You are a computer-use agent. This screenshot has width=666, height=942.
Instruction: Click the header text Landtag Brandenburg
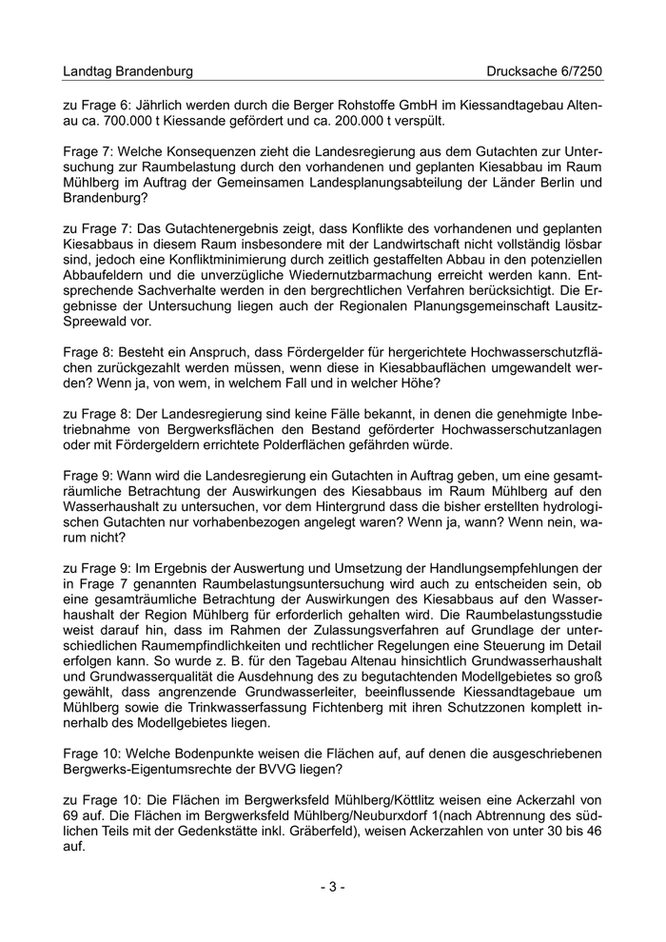(127, 71)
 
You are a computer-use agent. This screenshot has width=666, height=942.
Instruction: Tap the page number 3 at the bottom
(332, 887)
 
